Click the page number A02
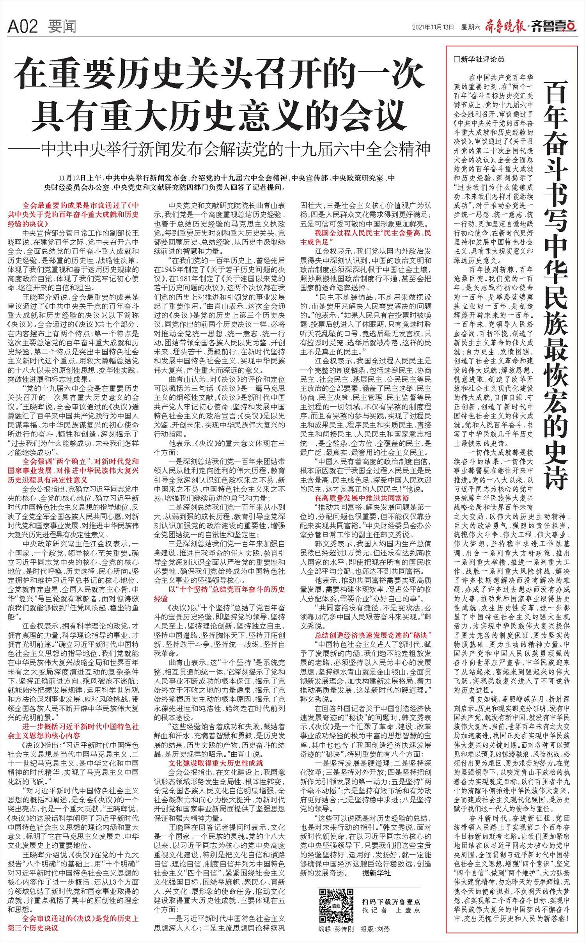tap(22, 27)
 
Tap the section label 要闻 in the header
tap(62, 27)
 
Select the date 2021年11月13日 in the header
tap(433, 27)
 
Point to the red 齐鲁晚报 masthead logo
tap(505, 27)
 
